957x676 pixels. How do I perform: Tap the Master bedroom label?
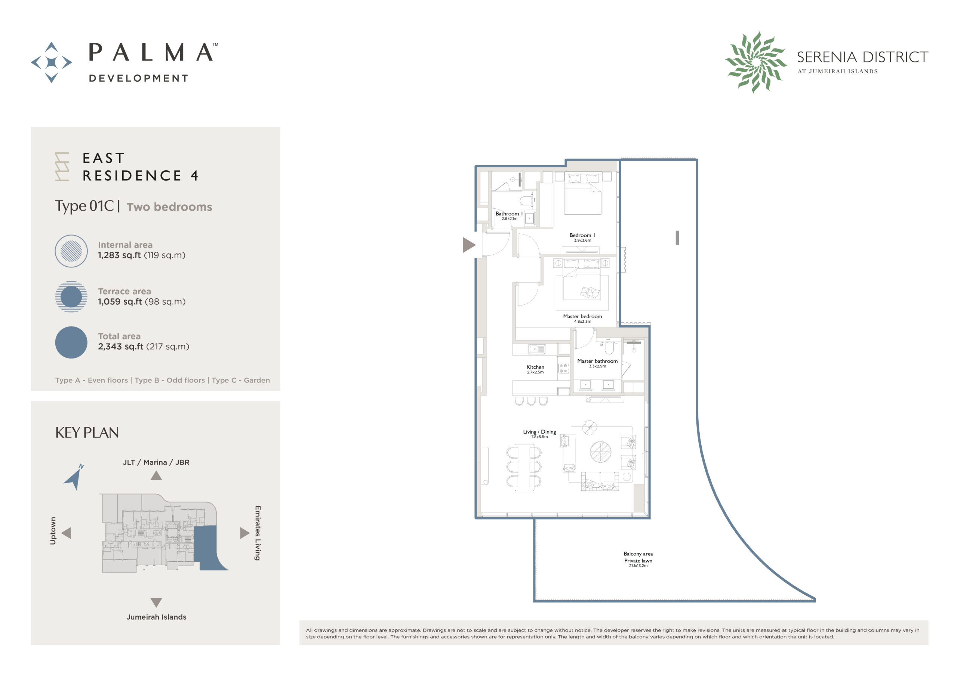582,317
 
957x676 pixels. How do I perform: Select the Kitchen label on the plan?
535,367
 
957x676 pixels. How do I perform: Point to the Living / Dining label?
539,432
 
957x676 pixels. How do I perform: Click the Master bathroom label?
597,361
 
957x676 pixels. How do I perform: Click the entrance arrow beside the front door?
468,245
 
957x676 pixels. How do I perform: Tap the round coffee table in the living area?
601,452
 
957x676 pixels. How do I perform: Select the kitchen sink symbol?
536,349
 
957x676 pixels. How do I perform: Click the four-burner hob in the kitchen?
563,368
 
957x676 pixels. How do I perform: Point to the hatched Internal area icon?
71,251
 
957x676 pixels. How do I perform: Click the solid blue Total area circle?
71,342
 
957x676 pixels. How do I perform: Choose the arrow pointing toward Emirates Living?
244,533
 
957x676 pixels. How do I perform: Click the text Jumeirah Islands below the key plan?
156,617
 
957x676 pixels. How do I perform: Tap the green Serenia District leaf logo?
756,62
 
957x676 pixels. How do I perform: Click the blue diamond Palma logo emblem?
51,62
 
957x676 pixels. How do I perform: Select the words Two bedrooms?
169,207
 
